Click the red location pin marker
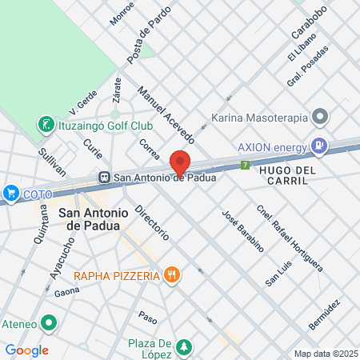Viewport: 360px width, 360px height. [180, 162]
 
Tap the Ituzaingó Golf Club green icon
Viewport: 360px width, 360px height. [46, 125]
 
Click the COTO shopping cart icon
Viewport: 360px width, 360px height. [10, 193]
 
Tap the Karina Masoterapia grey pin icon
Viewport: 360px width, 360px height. [320, 118]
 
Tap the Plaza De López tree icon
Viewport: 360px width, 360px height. [185, 346]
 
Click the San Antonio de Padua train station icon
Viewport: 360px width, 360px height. [103, 177]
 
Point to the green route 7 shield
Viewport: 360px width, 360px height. [245, 166]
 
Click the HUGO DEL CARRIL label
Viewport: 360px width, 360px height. [294, 170]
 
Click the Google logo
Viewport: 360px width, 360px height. [26, 350]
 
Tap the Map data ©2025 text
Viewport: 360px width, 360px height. [324, 354]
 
